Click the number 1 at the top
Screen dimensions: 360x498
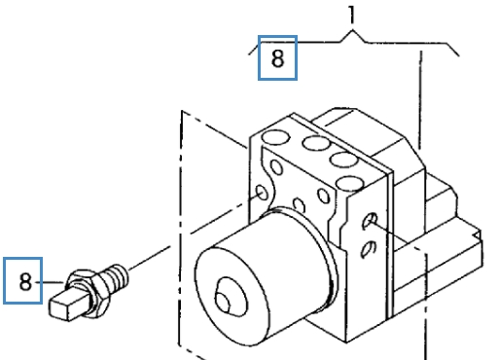[x=352, y=15]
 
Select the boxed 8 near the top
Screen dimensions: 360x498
[x=277, y=58]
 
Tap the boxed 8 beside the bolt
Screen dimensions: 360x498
[x=25, y=283]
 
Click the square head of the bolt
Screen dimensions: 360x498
[x=64, y=297]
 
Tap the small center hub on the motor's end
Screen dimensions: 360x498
[x=230, y=295]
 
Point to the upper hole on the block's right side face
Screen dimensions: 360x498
[x=369, y=223]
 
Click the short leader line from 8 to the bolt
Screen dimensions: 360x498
[x=43, y=284]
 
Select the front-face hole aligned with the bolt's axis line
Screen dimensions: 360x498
[x=262, y=196]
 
